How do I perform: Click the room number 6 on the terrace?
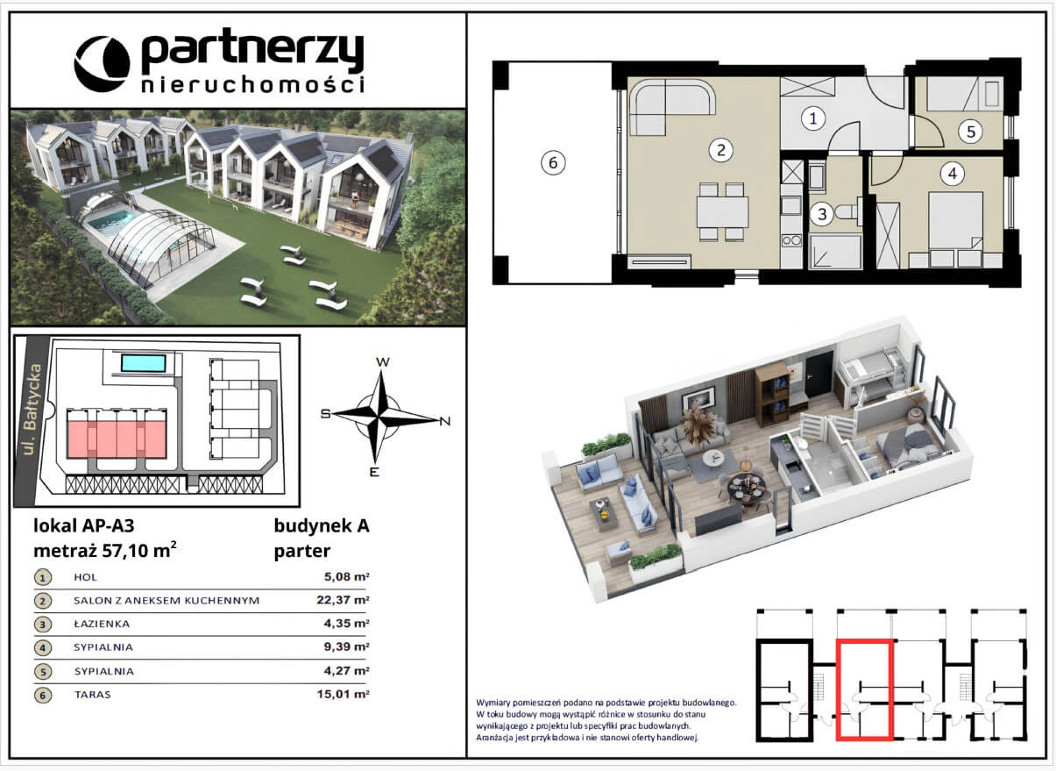coord(552,163)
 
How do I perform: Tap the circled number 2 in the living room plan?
coord(721,150)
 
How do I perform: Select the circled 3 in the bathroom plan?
coord(822,214)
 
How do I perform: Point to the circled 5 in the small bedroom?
coord(971,132)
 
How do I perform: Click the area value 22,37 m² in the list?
coord(343,600)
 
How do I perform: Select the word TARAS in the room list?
coord(92,695)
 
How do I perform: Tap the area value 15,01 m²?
coord(343,694)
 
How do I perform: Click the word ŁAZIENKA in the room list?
coord(102,624)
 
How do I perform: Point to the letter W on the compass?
coord(382,362)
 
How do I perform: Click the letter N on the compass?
coord(444,421)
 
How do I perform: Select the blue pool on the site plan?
coord(144,363)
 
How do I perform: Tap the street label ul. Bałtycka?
coord(32,410)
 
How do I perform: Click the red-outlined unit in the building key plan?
coord(865,689)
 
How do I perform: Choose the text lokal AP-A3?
coord(84,525)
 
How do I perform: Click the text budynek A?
coord(322,525)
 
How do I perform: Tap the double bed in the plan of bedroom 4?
coord(955,221)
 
